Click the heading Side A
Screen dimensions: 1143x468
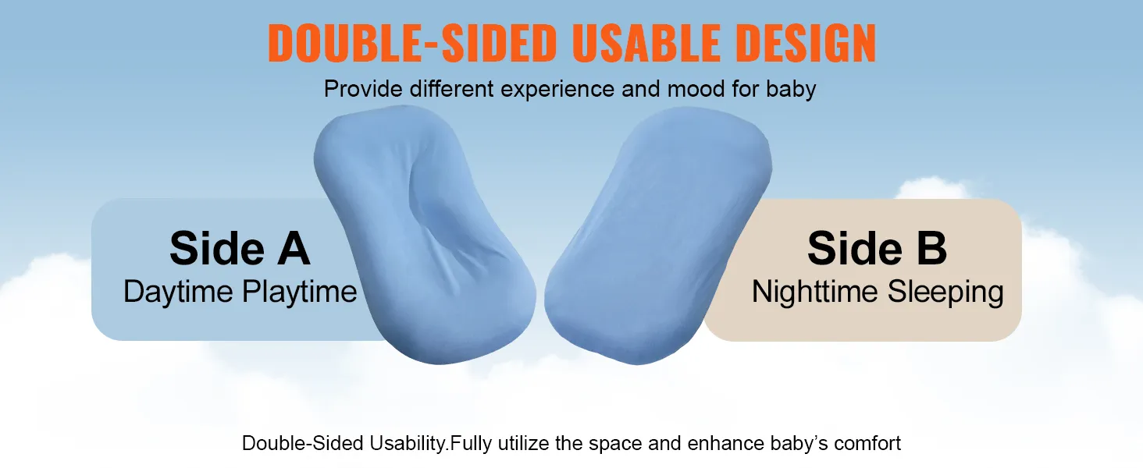[x=240, y=248]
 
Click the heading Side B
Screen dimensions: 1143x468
[x=877, y=248]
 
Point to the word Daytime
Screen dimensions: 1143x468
[x=178, y=292]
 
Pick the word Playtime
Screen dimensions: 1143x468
[x=300, y=292]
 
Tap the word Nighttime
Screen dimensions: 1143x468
[x=815, y=292]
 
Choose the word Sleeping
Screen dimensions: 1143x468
[x=945, y=292]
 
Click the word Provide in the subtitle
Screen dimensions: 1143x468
[x=363, y=89]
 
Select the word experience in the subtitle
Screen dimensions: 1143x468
[x=557, y=90]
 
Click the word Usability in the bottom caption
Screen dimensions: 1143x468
[x=409, y=444]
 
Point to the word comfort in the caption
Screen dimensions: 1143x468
[x=867, y=444]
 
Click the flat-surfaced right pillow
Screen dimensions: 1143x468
[x=658, y=235]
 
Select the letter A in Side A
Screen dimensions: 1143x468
[x=294, y=248]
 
